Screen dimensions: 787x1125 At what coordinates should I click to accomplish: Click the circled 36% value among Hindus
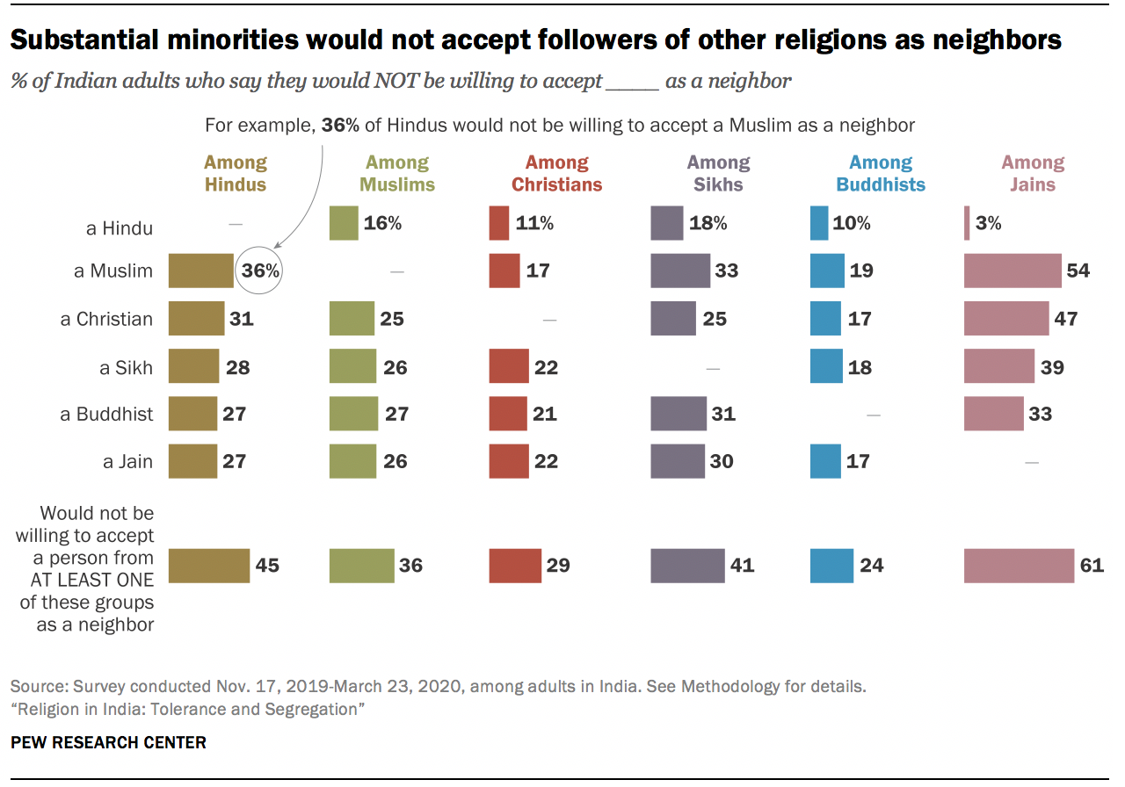[259, 271]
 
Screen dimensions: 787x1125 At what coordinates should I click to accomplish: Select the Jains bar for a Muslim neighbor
[1012, 271]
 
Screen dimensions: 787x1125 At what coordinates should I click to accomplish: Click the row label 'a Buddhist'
[106, 414]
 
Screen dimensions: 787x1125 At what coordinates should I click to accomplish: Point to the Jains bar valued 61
[1019, 566]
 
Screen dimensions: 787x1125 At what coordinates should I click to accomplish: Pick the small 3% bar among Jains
[967, 223]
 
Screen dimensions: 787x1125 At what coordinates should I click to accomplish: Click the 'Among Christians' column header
[557, 173]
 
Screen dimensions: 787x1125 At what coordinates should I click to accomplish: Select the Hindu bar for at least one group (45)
[208, 566]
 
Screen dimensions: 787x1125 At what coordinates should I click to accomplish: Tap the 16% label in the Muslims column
[383, 223]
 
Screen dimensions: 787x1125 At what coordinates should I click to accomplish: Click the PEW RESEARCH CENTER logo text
[108, 742]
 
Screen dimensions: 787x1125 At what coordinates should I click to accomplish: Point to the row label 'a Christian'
[106, 319]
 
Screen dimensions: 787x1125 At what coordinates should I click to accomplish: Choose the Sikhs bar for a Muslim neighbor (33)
[680, 271]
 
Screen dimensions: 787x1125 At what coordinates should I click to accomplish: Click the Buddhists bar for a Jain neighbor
[825, 461]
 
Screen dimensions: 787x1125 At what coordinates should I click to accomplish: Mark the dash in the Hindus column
[235, 224]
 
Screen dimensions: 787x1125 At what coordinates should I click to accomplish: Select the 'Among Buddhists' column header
[881, 173]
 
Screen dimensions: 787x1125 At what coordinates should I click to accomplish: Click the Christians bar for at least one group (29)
[515, 566]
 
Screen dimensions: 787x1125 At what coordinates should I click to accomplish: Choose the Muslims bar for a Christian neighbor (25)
[352, 319]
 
